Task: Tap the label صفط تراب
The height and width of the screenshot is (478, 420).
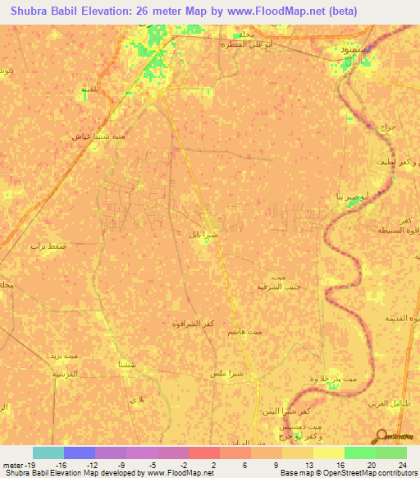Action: [x=48, y=246]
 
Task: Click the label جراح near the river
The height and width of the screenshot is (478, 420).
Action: [x=387, y=128]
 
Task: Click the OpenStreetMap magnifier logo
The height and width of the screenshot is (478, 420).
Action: [x=380, y=436]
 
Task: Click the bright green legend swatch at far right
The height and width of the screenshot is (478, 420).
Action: [x=391, y=453]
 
